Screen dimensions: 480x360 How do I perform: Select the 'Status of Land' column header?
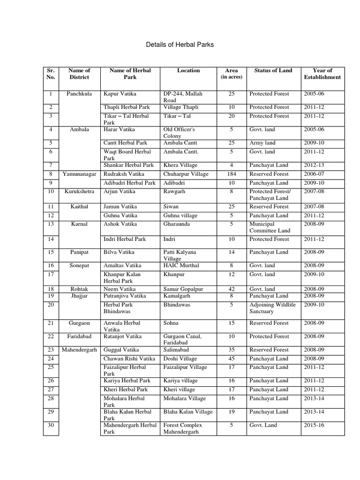pos(273,71)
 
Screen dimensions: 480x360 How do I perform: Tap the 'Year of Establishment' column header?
pos(322,74)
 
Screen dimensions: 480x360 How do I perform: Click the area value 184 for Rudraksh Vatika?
pos(231,174)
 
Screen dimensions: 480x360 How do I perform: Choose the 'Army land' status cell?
pos(262,143)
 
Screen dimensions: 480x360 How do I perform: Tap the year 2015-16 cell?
pos(314,425)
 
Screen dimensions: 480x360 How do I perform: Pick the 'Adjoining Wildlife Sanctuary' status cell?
pos(272,308)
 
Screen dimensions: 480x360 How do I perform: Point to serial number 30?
pos(51,425)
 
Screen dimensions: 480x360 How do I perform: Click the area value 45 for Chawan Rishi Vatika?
pos(231,359)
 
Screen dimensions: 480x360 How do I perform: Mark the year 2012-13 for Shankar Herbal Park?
pos(314,165)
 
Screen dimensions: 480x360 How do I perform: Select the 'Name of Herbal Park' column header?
pos(130,74)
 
